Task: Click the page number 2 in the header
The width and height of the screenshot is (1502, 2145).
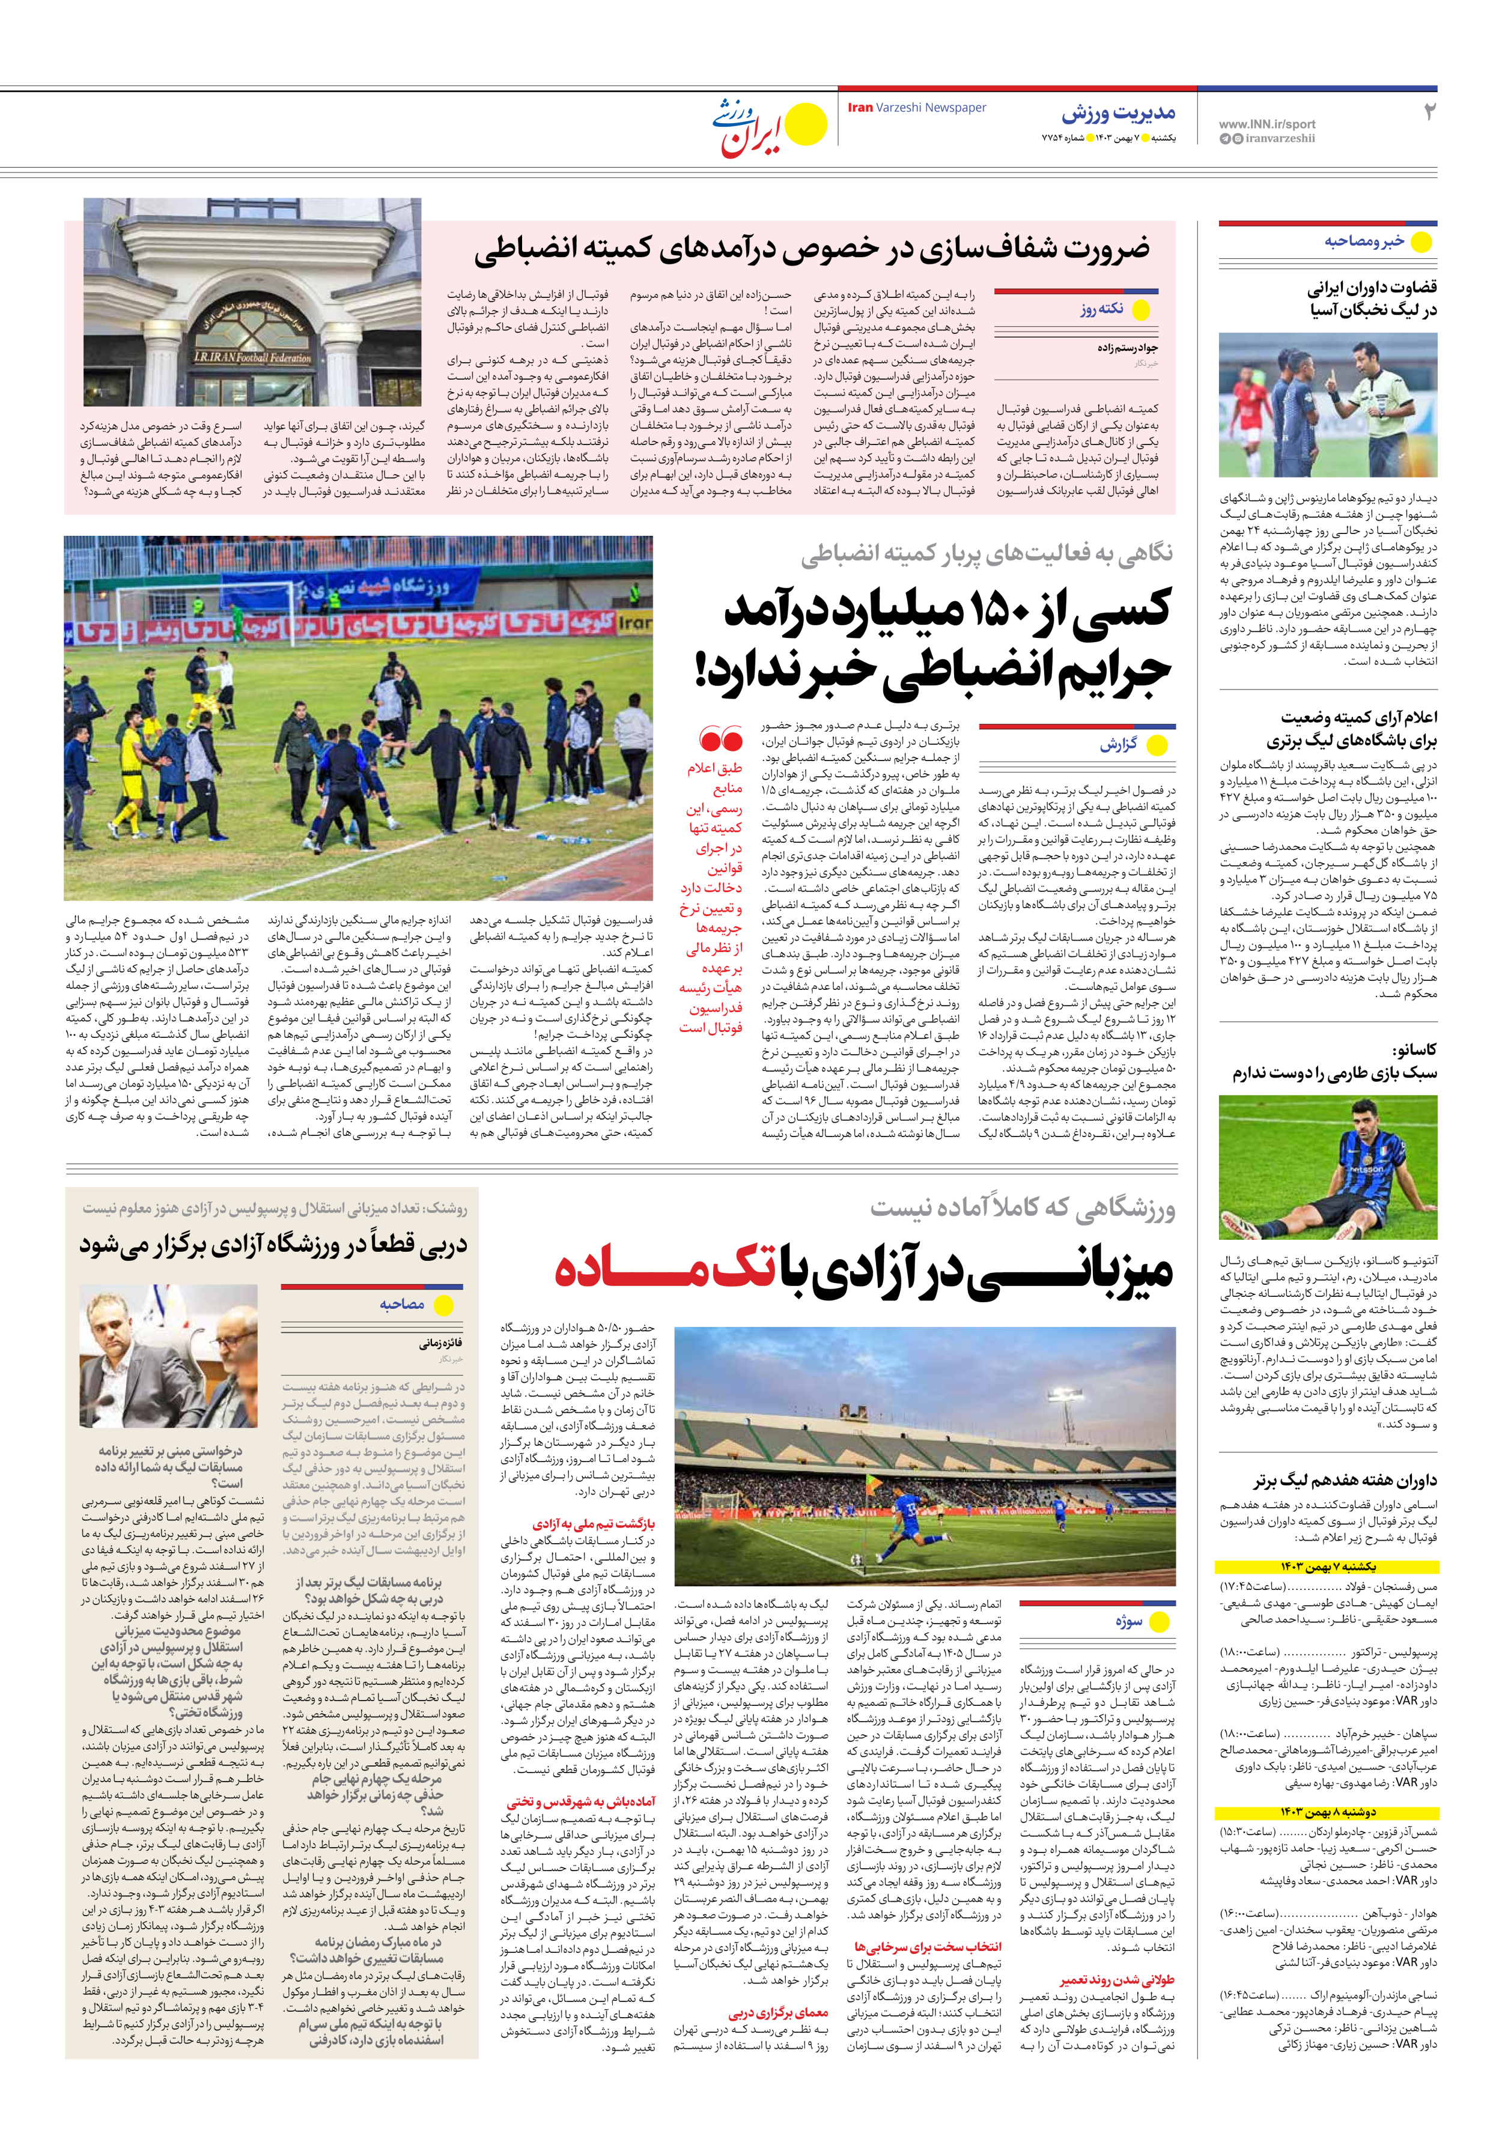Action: click(1428, 112)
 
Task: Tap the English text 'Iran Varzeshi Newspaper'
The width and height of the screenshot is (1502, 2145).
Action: click(916, 108)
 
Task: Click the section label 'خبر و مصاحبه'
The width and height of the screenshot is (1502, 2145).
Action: click(1364, 241)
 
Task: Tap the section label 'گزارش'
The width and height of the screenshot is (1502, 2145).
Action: click(1118, 745)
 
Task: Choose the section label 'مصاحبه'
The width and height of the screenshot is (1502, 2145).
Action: click(402, 1304)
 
